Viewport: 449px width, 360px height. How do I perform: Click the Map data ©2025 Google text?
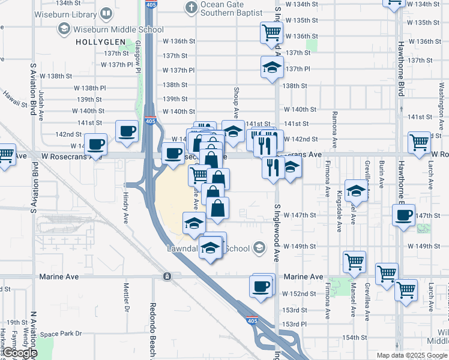(411, 355)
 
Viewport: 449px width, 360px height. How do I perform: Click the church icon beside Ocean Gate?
(191, 8)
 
